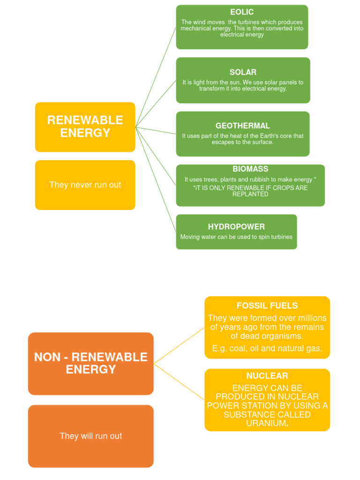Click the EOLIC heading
click(242, 12)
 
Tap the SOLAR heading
click(243, 72)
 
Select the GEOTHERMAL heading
click(242, 126)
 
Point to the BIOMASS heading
click(250, 169)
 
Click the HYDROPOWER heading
click(236, 227)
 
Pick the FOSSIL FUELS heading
click(267, 306)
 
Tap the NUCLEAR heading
click(267, 376)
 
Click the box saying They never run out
click(85, 185)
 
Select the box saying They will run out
click(90, 436)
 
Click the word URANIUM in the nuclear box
click(266, 423)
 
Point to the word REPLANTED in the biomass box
click(250, 194)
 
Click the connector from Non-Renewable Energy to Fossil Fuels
click(179, 345)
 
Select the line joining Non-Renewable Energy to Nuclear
click(179, 382)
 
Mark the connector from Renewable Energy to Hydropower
click(156, 180)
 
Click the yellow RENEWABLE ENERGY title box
click(85, 127)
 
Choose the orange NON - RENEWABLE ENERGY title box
click(90, 363)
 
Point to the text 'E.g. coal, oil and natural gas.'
click(267, 348)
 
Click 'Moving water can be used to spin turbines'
click(236, 237)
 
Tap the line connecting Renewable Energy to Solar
click(156, 103)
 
